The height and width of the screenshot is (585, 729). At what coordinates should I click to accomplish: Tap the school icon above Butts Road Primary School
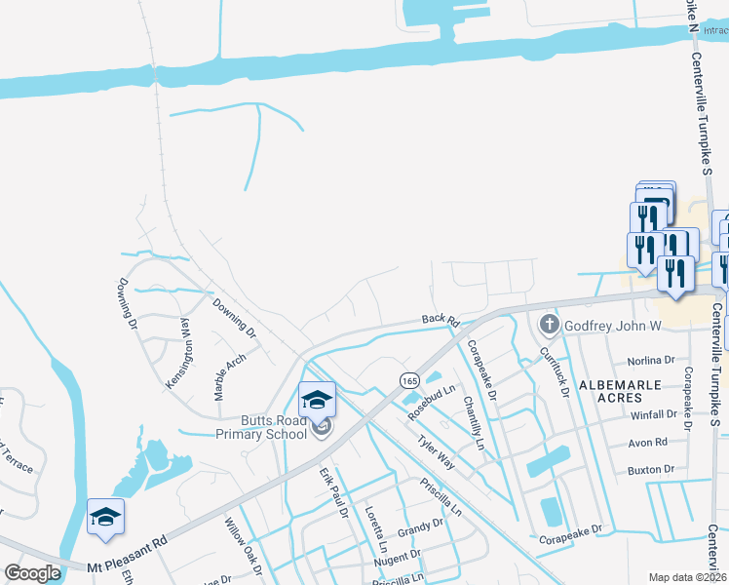click(x=317, y=399)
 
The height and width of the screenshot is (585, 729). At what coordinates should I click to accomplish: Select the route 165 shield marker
click(x=408, y=376)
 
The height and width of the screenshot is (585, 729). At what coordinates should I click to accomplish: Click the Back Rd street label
click(x=440, y=319)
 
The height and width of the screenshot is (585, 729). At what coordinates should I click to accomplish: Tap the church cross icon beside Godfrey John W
click(x=549, y=324)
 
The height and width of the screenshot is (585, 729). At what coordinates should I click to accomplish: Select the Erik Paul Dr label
click(x=333, y=491)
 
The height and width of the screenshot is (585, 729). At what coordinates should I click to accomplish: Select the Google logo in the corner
click(x=32, y=572)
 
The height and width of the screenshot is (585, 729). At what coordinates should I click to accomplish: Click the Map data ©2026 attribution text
click(x=687, y=577)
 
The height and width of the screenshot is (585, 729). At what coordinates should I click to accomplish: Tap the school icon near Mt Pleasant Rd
click(x=105, y=517)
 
